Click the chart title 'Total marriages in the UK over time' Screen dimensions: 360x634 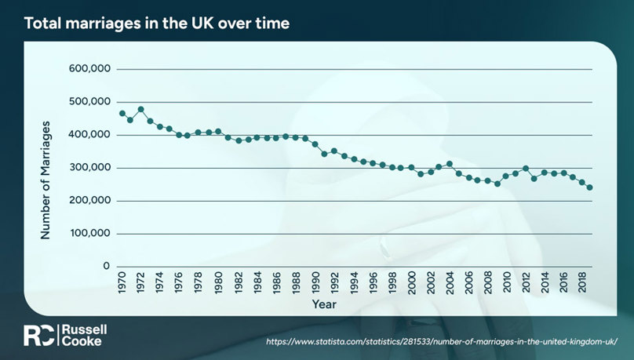[x=157, y=24]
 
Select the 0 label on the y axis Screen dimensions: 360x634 [x=104, y=267]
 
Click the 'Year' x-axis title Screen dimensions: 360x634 [x=324, y=303]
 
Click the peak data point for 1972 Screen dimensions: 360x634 [x=140, y=109]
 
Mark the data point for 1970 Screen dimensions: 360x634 [x=122, y=113]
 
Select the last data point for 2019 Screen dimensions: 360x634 [x=590, y=187]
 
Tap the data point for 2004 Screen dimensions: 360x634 [x=449, y=164]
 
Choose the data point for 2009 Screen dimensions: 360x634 [x=496, y=184]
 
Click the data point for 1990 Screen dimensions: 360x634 [x=315, y=144]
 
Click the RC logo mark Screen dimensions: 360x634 [x=38, y=335]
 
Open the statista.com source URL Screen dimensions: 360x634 [x=438, y=343]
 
